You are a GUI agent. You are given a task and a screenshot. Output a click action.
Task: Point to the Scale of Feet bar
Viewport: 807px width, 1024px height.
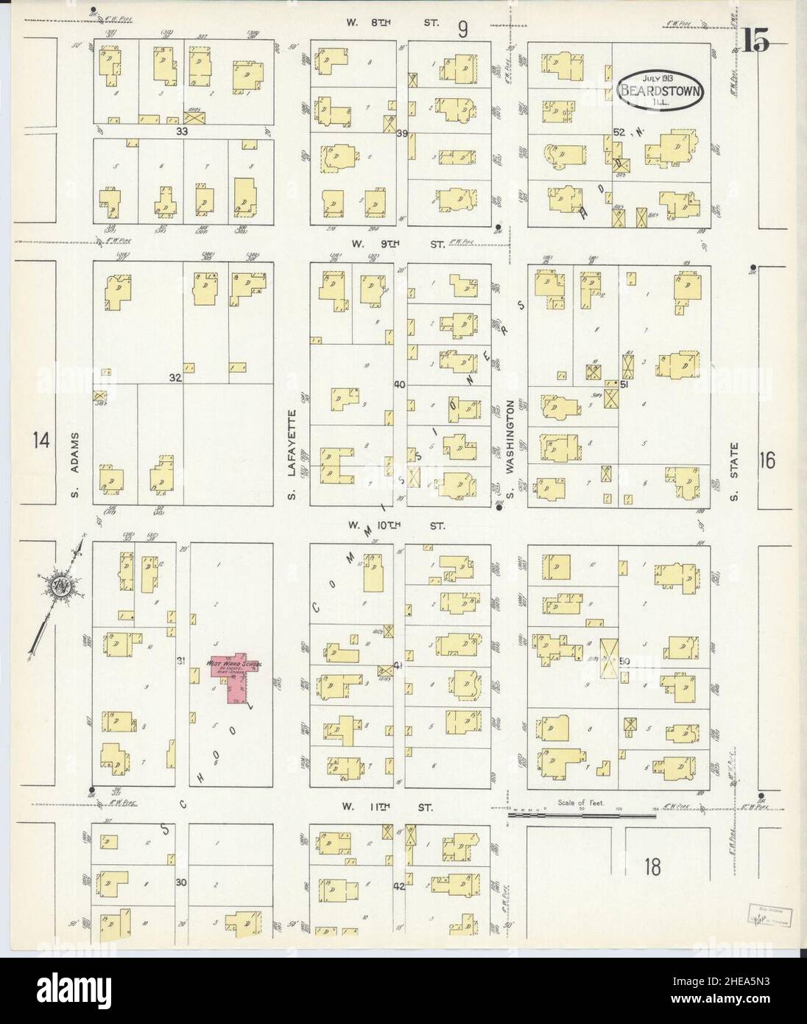tap(581, 814)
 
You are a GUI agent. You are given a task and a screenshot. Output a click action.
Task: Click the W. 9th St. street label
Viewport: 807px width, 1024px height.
tap(397, 243)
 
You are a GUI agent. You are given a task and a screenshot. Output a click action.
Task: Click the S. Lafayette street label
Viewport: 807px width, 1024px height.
tap(292, 453)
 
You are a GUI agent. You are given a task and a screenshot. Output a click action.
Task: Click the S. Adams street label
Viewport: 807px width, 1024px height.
tap(75, 465)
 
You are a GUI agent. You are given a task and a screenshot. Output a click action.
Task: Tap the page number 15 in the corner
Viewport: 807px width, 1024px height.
tap(755, 43)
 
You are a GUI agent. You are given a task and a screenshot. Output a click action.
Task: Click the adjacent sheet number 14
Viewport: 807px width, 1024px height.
tap(40, 441)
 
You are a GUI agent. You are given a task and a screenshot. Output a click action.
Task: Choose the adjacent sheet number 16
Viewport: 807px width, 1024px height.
tap(767, 461)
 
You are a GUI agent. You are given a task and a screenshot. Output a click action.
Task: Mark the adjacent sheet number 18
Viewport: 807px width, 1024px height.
tap(651, 866)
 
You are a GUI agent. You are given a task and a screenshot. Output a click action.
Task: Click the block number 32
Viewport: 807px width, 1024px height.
tap(174, 378)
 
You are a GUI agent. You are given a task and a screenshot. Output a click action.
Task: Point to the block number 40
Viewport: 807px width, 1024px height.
tap(400, 384)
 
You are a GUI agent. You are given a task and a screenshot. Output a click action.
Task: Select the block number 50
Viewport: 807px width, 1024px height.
tap(626, 661)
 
